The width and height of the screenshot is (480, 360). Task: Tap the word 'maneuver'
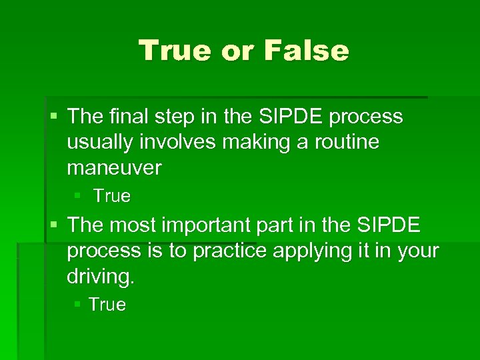click(114, 168)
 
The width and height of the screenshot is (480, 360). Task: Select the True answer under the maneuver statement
click(112, 197)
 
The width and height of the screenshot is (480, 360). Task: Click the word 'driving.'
click(101, 277)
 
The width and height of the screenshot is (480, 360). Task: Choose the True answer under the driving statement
click(107, 305)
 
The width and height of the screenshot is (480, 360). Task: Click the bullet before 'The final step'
click(54, 117)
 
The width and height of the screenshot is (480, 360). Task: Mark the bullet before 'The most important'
click(54, 226)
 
